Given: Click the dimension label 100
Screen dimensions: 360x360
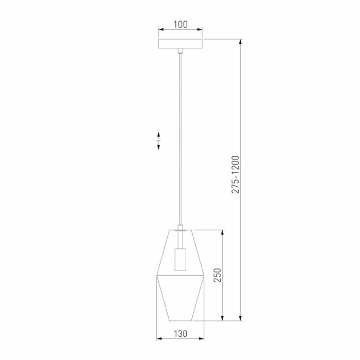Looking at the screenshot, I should pyautogui.click(x=180, y=24).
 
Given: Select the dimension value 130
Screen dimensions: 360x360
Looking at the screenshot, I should pyautogui.click(x=180, y=333).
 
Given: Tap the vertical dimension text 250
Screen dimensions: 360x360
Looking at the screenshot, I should pyautogui.click(x=218, y=276).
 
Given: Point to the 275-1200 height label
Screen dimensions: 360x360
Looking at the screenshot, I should pyautogui.click(x=236, y=174).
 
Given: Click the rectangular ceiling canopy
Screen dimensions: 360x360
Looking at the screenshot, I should pyautogui.click(x=180, y=44).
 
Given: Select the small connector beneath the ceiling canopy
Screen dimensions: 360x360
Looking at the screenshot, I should pyautogui.click(x=180, y=51).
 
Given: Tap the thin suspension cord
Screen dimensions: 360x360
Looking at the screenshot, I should pyautogui.click(x=180, y=139).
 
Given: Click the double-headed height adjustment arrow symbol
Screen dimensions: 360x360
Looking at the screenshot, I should pyautogui.click(x=159, y=140).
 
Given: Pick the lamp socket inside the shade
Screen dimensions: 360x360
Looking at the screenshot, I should pyautogui.click(x=180, y=259).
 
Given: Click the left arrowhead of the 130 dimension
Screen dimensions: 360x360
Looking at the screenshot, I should pyautogui.click(x=158, y=339).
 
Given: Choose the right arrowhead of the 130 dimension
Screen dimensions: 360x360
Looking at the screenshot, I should pyautogui.click(x=202, y=339).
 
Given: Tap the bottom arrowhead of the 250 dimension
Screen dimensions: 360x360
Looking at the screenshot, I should pyautogui.click(x=223, y=318).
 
